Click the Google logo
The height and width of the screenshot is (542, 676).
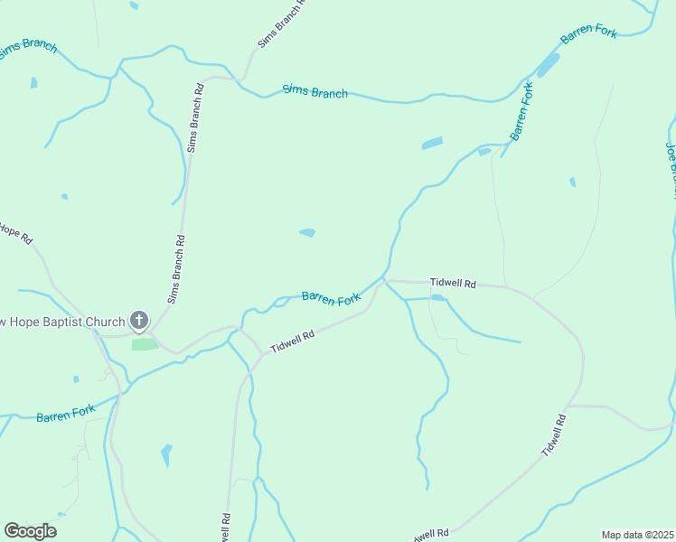pyautogui.click(x=30, y=531)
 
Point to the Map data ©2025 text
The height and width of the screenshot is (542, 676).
pyautogui.click(x=637, y=535)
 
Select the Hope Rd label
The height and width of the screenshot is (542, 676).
pyautogui.click(x=15, y=233)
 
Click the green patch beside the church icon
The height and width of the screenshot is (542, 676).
pyautogui.click(x=143, y=344)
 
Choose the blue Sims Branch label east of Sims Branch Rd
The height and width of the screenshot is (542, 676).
pyautogui.click(x=315, y=91)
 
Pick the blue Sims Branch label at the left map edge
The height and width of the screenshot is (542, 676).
pyautogui.click(x=27, y=48)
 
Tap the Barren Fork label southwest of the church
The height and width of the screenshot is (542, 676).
pyautogui.click(x=65, y=414)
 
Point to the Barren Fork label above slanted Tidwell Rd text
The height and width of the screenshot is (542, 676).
pyautogui.click(x=331, y=298)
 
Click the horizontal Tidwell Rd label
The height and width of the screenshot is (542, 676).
pyautogui.click(x=453, y=283)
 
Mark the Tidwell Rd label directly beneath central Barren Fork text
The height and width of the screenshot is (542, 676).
pyautogui.click(x=291, y=341)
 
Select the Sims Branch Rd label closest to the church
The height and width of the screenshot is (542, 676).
pyautogui.click(x=176, y=268)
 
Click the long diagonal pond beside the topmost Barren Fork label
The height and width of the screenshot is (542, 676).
pyautogui.click(x=548, y=65)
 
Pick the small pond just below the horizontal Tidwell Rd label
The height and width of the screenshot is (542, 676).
pyautogui.click(x=437, y=296)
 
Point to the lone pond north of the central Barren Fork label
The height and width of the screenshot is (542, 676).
pyautogui.click(x=307, y=232)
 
